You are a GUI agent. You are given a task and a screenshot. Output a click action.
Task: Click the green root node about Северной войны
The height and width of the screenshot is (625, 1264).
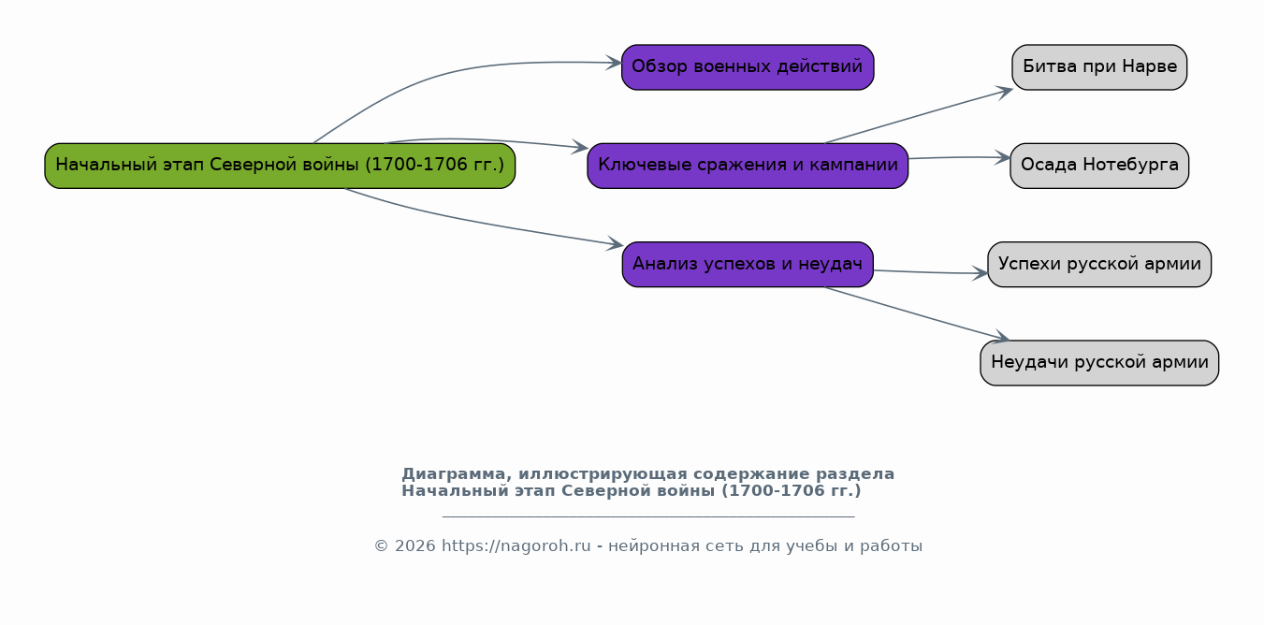[x=280, y=166]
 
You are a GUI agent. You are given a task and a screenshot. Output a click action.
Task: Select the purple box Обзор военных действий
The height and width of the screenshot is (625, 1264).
[x=748, y=67]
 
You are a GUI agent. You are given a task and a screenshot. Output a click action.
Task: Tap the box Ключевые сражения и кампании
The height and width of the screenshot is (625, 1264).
[x=748, y=166]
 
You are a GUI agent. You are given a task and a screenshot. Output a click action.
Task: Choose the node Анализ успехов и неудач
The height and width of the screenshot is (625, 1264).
[x=748, y=264]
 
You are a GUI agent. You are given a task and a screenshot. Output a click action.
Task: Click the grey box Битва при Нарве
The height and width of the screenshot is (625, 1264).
[x=1099, y=67]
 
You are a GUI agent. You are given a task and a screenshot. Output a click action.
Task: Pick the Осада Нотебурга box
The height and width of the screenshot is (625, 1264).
[x=1099, y=166]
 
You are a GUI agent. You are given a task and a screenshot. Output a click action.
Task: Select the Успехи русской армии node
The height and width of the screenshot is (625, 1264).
[x=1099, y=264]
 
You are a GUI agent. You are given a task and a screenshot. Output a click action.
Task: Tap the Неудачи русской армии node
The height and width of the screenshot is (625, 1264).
[x=1099, y=363]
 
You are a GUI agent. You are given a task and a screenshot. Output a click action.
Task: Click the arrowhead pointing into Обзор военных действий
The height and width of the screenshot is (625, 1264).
[x=614, y=63]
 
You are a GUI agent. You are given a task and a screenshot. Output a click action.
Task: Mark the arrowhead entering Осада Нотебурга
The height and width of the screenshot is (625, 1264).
[x=1002, y=158]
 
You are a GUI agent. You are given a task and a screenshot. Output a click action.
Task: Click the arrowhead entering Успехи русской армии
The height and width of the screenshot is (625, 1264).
[x=980, y=273]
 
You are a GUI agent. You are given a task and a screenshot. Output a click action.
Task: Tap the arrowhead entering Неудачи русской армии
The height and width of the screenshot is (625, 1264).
[x=1001, y=337]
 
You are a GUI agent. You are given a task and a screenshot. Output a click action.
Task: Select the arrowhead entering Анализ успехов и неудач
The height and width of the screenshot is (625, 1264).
[x=615, y=243]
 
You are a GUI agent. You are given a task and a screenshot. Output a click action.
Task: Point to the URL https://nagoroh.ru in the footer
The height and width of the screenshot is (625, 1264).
[x=516, y=546]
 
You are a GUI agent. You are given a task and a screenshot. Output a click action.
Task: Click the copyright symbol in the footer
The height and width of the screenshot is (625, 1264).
[x=381, y=546]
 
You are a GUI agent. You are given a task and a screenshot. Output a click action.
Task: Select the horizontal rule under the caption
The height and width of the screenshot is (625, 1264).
[x=648, y=516]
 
